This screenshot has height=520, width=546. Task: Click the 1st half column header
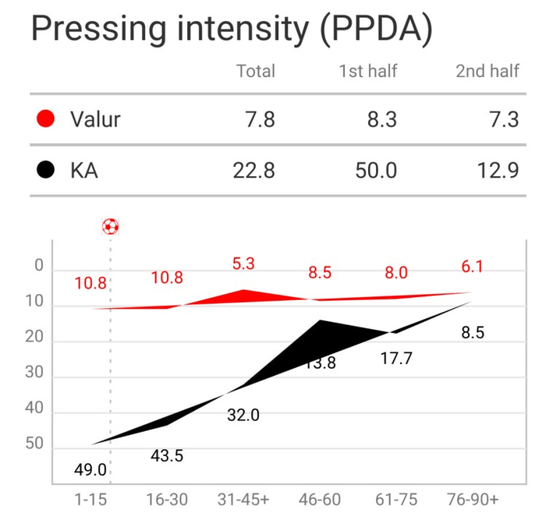[367, 71]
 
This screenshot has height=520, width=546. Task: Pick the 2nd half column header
[487, 71]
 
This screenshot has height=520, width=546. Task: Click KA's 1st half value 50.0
[376, 170]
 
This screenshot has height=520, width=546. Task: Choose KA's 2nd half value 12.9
[497, 170]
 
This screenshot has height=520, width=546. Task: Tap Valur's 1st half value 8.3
[381, 119]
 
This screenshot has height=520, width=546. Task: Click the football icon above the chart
[111, 226]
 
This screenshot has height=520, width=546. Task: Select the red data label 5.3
[243, 264]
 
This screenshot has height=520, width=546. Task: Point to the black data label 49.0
[91, 471]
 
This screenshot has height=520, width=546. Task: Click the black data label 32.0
[243, 416]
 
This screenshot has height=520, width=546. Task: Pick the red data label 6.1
[473, 267]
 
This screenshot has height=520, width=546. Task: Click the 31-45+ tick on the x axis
[243, 498]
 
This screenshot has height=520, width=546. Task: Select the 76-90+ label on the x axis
[473, 498]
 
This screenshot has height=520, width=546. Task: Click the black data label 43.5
[167, 455]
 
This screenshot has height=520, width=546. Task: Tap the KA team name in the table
[83, 170]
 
